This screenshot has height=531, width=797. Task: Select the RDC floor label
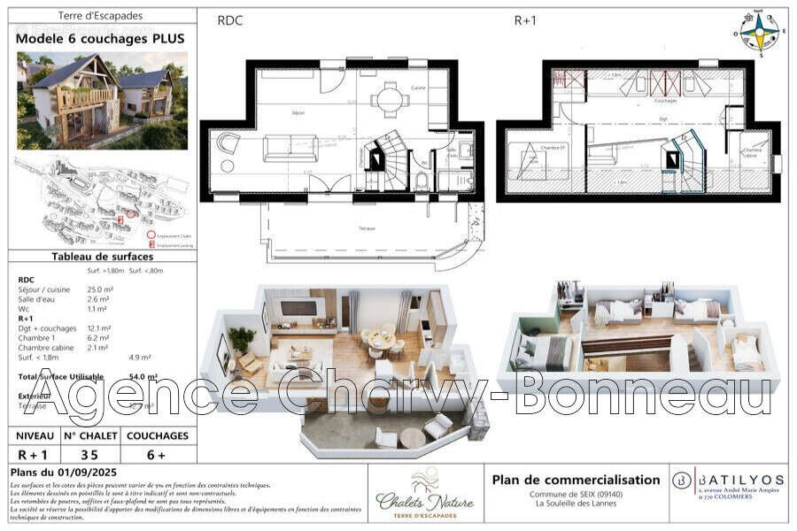(229, 20)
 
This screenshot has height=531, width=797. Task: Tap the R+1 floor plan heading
(525, 20)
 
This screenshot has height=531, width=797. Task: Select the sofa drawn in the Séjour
(290, 148)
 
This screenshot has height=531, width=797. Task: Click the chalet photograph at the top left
(102, 100)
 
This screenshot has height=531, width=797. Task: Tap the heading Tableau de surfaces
(102, 257)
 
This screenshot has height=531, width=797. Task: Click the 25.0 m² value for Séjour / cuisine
(100, 289)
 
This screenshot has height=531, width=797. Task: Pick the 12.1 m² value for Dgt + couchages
(100, 328)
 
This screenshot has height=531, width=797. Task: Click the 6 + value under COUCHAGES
(155, 455)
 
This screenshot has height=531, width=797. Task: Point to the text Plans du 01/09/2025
(64, 473)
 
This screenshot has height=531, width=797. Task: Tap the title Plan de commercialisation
(576, 480)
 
